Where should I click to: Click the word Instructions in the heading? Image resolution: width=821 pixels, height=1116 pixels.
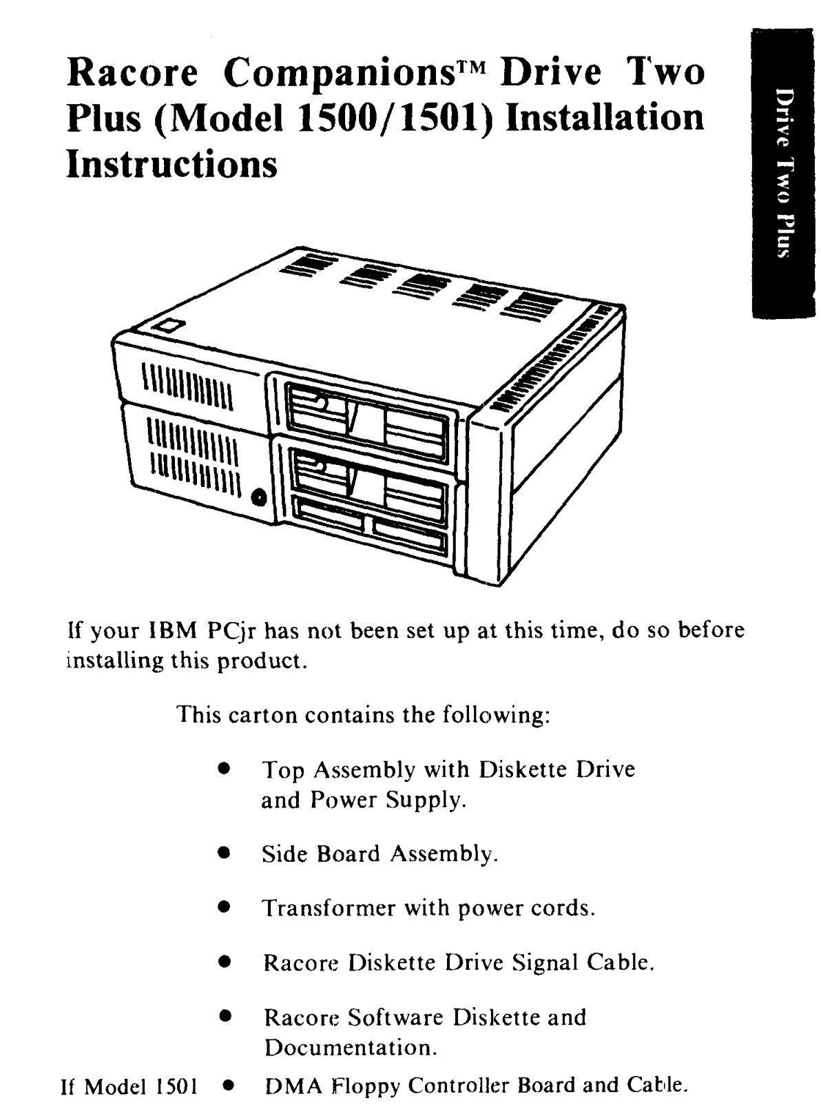[172, 164]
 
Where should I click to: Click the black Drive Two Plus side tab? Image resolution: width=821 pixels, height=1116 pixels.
[783, 172]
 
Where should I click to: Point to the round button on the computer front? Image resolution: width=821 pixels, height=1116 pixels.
[260, 496]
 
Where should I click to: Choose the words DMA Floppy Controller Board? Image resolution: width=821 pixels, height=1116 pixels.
[420, 1086]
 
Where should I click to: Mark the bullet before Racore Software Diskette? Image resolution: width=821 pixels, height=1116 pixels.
[224, 1015]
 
